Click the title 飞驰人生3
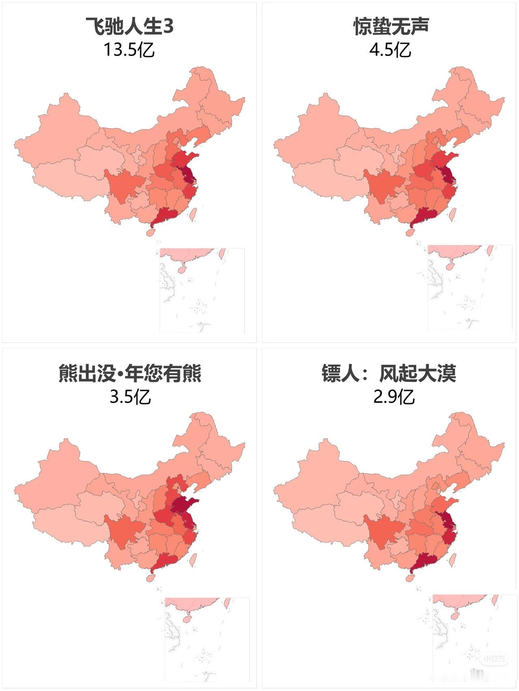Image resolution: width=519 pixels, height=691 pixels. (129, 27)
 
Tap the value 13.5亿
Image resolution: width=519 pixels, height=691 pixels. (129, 50)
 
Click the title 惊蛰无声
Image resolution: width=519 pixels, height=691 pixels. (390, 27)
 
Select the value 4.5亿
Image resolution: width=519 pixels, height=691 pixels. (390, 50)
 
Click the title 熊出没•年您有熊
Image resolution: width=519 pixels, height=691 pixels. (129, 373)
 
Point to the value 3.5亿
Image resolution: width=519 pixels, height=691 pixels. (130, 397)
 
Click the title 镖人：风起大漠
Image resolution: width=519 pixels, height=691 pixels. (389, 373)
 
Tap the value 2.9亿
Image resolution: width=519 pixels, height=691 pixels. (394, 397)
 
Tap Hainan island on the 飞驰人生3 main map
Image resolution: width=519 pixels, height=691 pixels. (151, 233)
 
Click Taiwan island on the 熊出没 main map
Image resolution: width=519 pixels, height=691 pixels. (193, 559)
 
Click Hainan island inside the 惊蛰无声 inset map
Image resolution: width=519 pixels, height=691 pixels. (449, 266)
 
